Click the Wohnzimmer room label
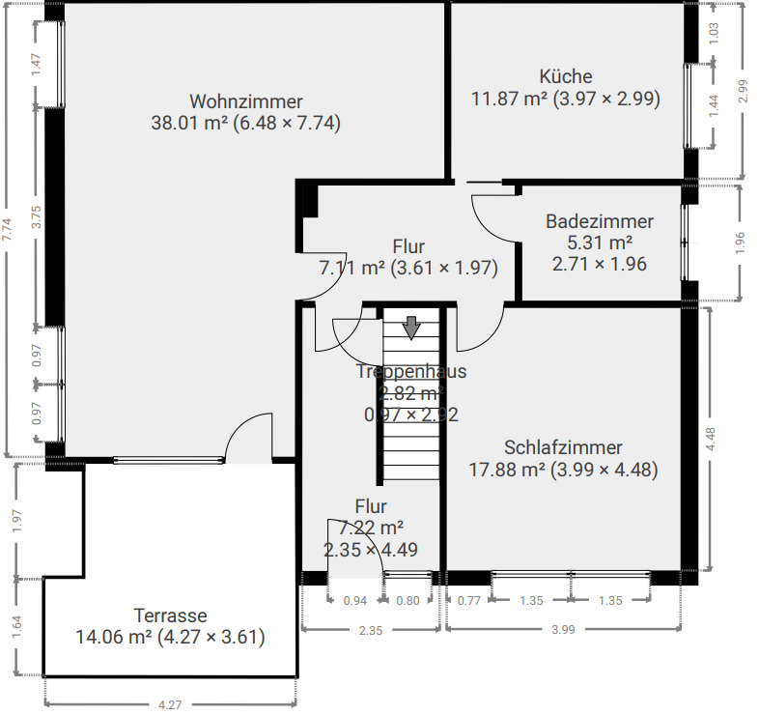(x=246, y=101)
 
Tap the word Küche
(x=566, y=76)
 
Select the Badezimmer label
(x=600, y=221)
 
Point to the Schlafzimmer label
(x=563, y=447)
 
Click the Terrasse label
(x=170, y=615)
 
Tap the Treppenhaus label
(x=411, y=372)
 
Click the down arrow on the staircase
(x=411, y=328)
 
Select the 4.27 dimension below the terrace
(x=170, y=704)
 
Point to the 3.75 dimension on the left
(x=37, y=218)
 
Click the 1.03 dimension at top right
(x=714, y=33)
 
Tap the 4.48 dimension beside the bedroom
(x=711, y=440)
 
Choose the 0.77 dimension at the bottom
(x=469, y=601)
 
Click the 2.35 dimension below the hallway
(x=371, y=631)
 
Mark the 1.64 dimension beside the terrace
(x=17, y=627)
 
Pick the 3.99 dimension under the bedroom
(x=563, y=630)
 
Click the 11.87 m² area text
(x=509, y=99)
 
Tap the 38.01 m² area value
(x=189, y=123)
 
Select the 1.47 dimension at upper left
(x=36, y=65)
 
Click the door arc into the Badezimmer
(x=487, y=229)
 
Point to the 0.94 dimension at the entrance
(x=355, y=601)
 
